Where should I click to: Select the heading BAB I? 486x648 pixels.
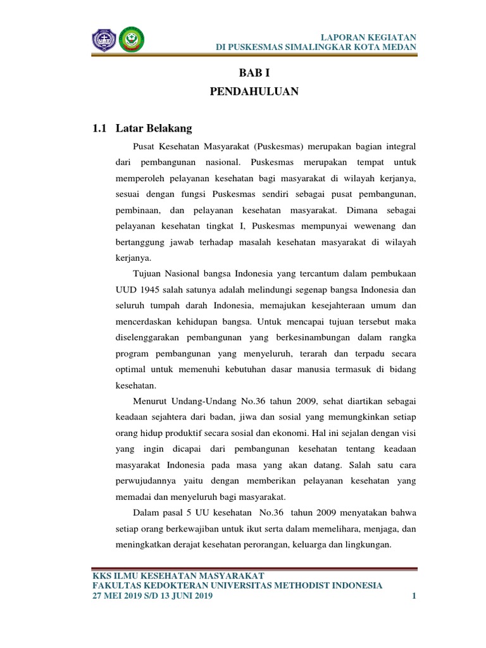(254, 74)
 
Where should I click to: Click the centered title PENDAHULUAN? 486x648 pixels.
(254, 92)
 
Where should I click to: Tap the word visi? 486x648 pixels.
(409, 432)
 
